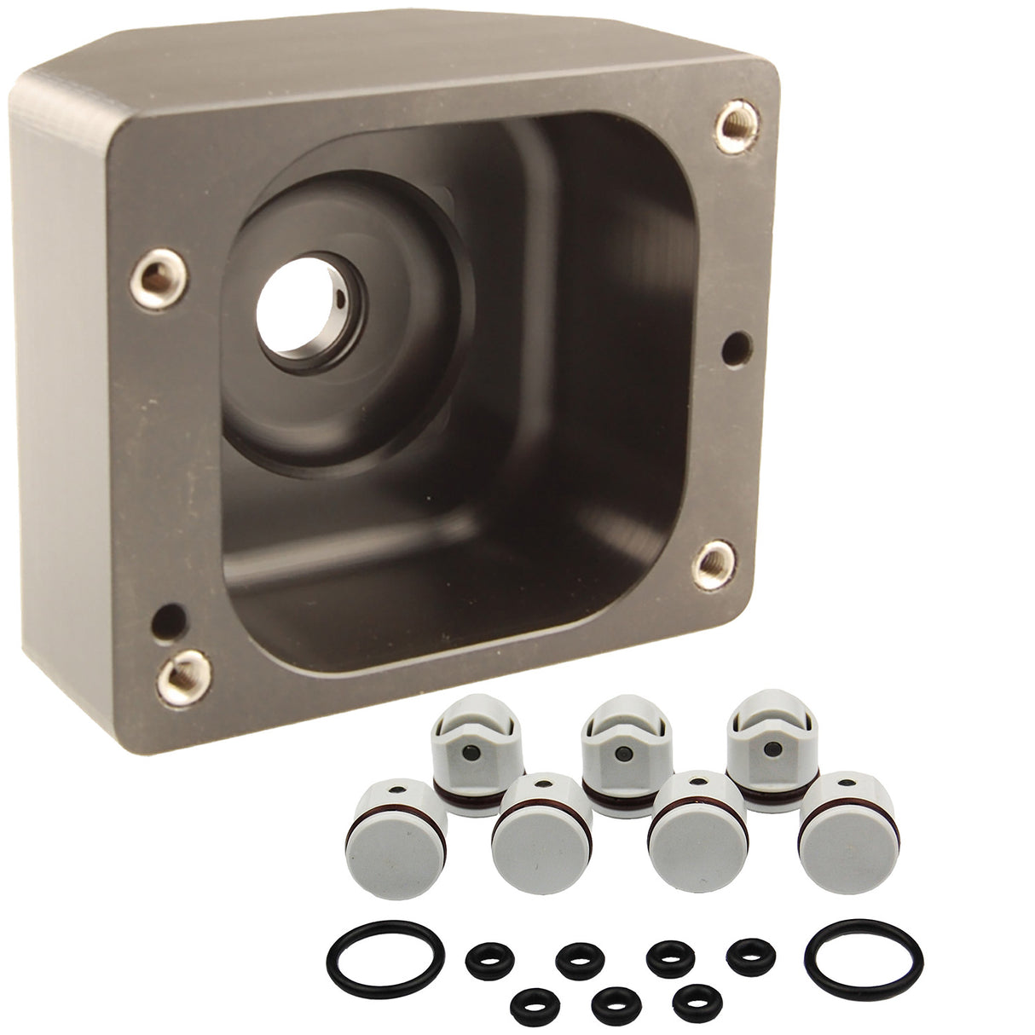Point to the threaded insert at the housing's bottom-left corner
(178, 677)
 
